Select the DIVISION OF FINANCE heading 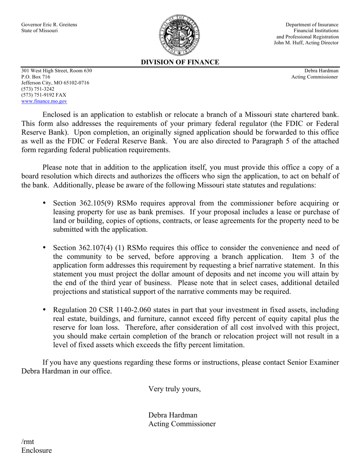[180, 62]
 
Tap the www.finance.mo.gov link [44, 101]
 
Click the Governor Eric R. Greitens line [49, 25]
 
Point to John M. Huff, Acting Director [306, 43]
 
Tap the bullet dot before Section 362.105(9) [44, 203]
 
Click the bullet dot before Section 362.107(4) [44, 247]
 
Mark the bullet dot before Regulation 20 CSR [44, 310]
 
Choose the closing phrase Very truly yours [174, 389]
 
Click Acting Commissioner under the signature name [182, 424]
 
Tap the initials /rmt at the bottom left [28, 441]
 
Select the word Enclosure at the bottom [36, 450]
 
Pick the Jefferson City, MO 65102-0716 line [55, 83]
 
